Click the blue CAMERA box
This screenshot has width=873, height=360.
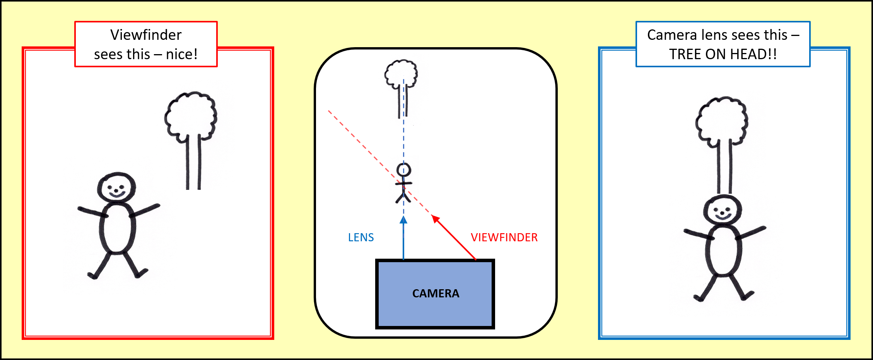tap(435, 294)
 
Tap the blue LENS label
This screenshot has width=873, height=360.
tap(361, 237)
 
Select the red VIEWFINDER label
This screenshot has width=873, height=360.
tap(504, 237)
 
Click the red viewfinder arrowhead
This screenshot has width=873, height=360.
tap(436, 219)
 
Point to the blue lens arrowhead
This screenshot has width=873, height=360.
tap(403, 220)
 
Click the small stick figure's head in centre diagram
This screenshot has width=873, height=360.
tap(403, 170)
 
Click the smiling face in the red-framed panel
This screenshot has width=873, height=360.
tap(116, 188)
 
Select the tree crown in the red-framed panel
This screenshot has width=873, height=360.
tap(191, 115)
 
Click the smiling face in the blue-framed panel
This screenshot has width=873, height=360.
tap(723, 210)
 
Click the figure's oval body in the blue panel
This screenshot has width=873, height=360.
tap(723, 251)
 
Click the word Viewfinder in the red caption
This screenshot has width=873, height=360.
tap(146, 35)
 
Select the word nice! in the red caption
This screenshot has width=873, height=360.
tap(182, 55)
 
